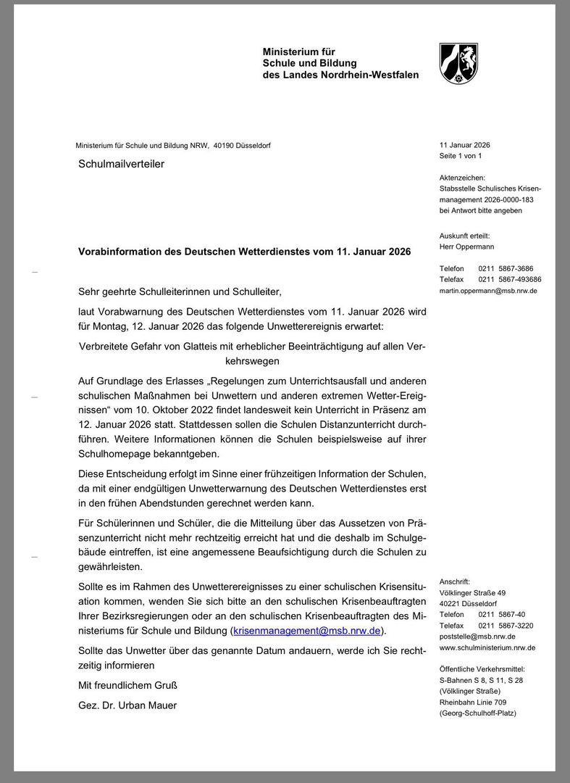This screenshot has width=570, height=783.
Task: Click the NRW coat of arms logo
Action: [458, 63]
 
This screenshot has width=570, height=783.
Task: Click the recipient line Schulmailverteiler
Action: [121, 164]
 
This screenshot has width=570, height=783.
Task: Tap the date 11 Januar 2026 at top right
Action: [464, 145]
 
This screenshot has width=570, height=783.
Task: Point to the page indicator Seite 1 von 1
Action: [461, 156]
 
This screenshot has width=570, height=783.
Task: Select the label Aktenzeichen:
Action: [462, 178]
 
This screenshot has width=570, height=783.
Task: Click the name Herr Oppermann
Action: [468, 246]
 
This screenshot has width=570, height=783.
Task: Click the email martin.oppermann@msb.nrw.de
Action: [488, 291]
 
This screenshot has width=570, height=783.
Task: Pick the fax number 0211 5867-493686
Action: [510, 279]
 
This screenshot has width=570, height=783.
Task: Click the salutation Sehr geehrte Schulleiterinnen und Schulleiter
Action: [179, 291]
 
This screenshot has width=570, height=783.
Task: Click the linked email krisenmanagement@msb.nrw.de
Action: [307, 631]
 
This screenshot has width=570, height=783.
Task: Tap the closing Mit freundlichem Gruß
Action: [127, 685]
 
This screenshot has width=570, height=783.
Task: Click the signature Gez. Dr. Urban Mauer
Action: [127, 705]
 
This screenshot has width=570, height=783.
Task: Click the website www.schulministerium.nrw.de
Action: [487, 647]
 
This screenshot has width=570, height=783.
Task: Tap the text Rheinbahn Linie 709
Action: [473, 702]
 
